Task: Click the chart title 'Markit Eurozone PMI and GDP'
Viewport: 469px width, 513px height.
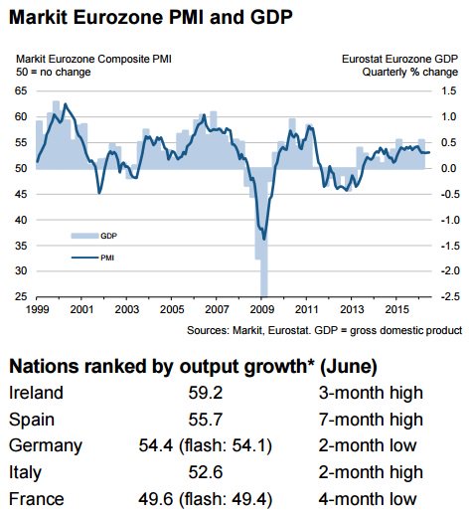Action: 151,17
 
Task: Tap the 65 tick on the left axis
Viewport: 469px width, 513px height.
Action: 21,90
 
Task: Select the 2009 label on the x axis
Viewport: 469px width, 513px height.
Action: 261,309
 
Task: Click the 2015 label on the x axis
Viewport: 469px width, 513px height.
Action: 396,309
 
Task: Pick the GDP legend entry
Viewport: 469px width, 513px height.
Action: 94,236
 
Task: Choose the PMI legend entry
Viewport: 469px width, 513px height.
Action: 92,257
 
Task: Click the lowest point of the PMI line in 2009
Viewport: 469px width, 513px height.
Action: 264,240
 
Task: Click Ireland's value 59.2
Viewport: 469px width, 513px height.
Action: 206,393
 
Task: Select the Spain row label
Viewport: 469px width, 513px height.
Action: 32,421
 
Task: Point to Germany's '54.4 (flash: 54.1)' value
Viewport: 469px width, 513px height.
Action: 206,445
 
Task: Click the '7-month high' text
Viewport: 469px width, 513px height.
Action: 371,420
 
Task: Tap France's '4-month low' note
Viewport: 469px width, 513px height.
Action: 368,499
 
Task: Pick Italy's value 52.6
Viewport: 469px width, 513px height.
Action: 206,472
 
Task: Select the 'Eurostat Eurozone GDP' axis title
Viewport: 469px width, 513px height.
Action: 399,59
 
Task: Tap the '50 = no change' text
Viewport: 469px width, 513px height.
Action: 54,72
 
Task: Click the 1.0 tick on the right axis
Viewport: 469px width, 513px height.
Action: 449,116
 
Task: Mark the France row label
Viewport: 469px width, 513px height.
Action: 37,499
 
